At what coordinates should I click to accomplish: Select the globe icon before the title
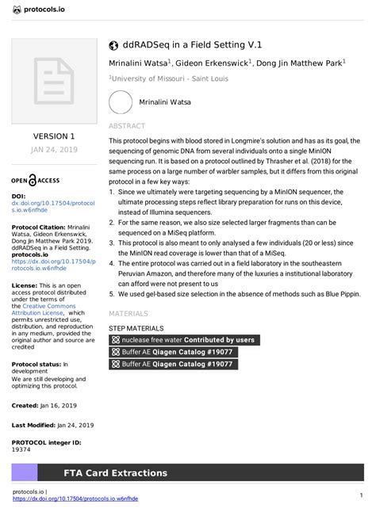113,45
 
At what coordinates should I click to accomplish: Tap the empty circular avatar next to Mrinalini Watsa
121,103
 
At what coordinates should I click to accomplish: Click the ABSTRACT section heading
126,126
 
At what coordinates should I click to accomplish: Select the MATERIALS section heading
129,314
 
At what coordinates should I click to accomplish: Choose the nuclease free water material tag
183,340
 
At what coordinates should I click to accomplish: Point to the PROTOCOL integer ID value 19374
21,449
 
